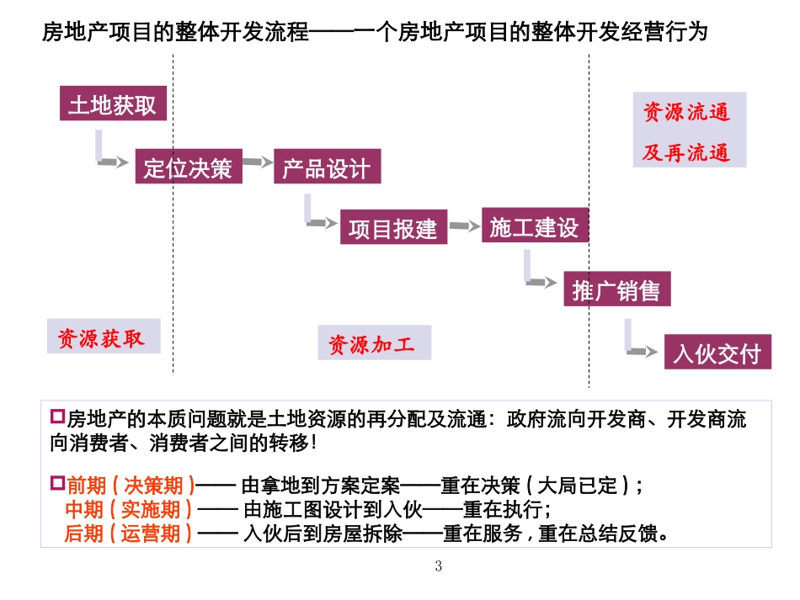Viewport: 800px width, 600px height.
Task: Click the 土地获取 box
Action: (112, 104)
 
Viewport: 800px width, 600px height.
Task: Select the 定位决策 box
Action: (188, 167)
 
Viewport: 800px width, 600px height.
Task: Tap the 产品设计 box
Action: (326, 167)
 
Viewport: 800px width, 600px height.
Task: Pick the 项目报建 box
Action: (393, 228)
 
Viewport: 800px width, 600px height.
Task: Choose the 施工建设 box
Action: (534, 226)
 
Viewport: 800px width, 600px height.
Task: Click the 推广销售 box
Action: (616, 290)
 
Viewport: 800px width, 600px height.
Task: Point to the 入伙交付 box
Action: (717, 353)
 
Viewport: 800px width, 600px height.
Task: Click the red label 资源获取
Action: (102, 338)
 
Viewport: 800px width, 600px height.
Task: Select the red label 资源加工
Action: (372, 343)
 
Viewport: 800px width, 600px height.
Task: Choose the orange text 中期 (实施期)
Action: (129, 509)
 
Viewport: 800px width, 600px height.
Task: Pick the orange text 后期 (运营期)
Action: (128, 533)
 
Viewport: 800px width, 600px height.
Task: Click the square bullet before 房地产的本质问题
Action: (58, 416)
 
